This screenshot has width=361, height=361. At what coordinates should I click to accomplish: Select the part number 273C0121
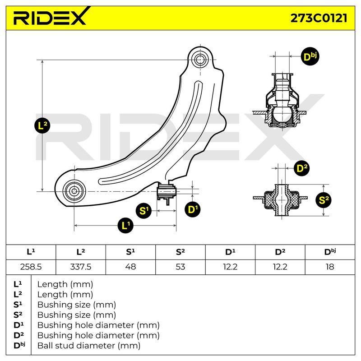pos(319,18)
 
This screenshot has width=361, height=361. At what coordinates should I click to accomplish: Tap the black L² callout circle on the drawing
pos(42,126)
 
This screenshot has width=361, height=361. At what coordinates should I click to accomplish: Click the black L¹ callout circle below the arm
pos(125,225)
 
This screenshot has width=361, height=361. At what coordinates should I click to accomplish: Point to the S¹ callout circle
pos(143,211)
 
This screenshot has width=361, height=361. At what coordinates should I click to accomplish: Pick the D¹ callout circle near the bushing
pos(193,209)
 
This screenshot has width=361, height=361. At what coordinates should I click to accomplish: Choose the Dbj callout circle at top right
pos(310,56)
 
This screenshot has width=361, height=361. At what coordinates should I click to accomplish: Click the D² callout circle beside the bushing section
pos(302,168)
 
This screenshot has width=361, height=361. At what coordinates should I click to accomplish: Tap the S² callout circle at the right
pos(324,200)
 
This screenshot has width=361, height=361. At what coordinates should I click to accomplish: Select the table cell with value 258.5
pos(31,267)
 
